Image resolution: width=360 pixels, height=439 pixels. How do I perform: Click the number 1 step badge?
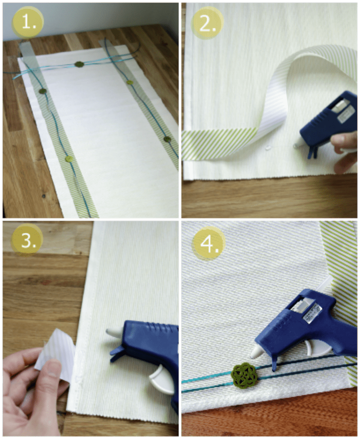click(x=28, y=21)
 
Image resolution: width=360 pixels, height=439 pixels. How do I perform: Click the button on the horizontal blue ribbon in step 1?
click(x=79, y=64)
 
